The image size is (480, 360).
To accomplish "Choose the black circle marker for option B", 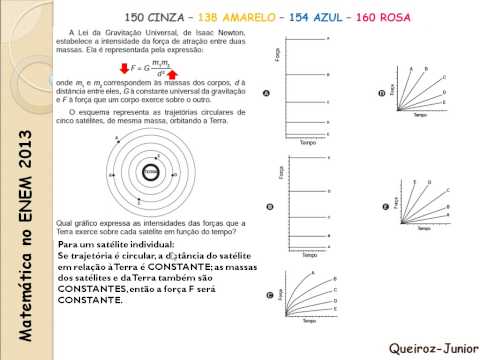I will [269, 207].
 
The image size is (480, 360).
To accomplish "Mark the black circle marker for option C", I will [269, 296].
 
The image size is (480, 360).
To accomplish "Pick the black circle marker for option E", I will [386, 207].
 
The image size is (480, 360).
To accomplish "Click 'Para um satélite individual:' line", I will [116, 245].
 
